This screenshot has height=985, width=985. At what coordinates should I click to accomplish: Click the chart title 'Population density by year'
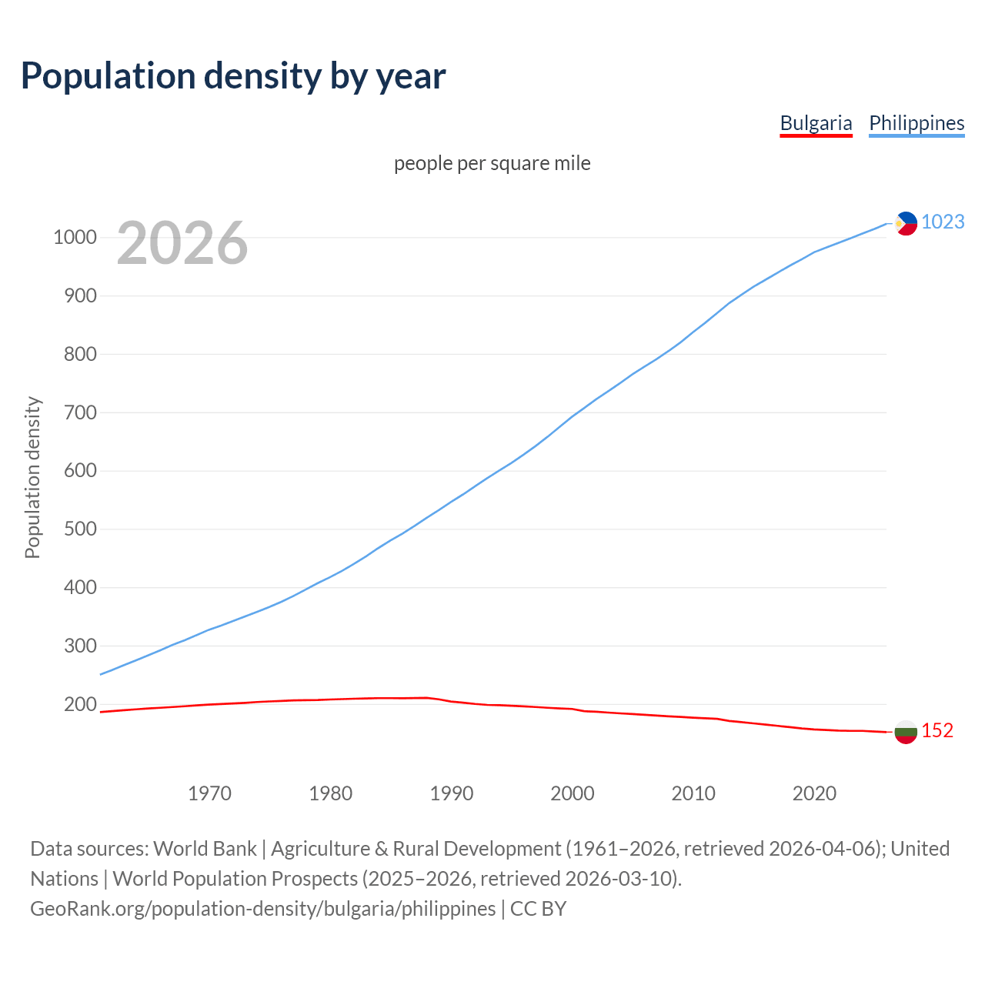pyautogui.click(x=233, y=76)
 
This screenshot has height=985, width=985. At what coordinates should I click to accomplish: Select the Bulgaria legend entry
pyautogui.click(x=816, y=123)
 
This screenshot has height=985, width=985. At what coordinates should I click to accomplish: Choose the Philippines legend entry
pyautogui.click(x=916, y=123)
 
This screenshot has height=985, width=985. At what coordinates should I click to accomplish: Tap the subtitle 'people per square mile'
pyautogui.click(x=492, y=163)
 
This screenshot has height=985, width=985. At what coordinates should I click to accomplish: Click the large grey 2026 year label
pyautogui.click(x=182, y=243)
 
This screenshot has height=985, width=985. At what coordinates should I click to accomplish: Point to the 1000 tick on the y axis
pyautogui.click(x=75, y=237)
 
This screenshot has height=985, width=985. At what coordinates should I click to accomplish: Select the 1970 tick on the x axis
pyautogui.click(x=209, y=793)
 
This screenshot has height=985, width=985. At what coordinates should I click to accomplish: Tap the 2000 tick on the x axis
pyautogui.click(x=573, y=793)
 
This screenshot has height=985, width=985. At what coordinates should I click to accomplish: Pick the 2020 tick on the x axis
pyautogui.click(x=814, y=793)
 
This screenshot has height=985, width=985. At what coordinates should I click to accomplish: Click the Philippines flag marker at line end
pyautogui.click(x=906, y=223)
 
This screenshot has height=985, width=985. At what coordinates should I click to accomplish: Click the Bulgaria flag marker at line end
pyautogui.click(x=906, y=731)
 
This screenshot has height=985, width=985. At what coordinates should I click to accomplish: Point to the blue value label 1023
pyautogui.click(x=943, y=222)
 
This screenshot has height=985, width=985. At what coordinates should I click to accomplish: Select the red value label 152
pyautogui.click(x=937, y=730)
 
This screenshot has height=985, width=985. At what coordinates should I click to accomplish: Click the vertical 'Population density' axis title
pyautogui.click(x=32, y=477)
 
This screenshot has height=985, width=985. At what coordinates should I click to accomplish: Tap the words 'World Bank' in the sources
pyautogui.click(x=205, y=849)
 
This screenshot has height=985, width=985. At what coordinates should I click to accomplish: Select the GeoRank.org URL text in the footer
pyautogui.click(x=262, y=909)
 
